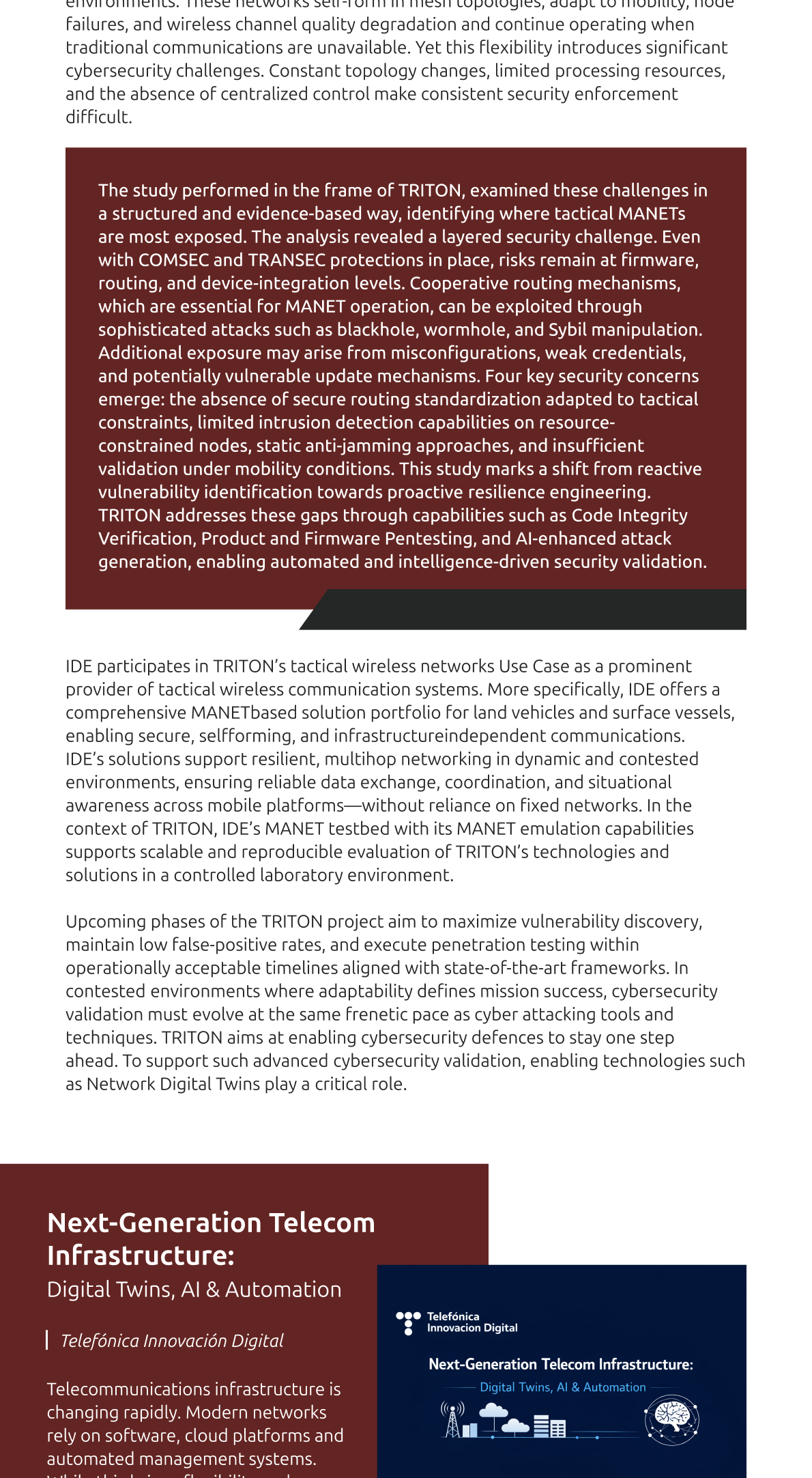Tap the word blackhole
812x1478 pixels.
pyautogui.click(x=377, y=330)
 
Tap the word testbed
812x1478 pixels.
pyautogui.click(x=356, y=829)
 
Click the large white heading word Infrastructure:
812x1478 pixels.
pyautogui.click(x=141, y=1255)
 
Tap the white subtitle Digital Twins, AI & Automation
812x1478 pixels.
pyautogui.click(x=194, y=1290)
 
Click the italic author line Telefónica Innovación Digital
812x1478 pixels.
pyautogui.click(x=172, y=1341)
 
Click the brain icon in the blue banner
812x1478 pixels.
pyautogui.click(x=671, y=1419)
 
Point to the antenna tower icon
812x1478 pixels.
pyautogui.click(x=452, y=1419)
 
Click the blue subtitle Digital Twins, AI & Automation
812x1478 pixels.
pyautogui.click(x=562, y=1387)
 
